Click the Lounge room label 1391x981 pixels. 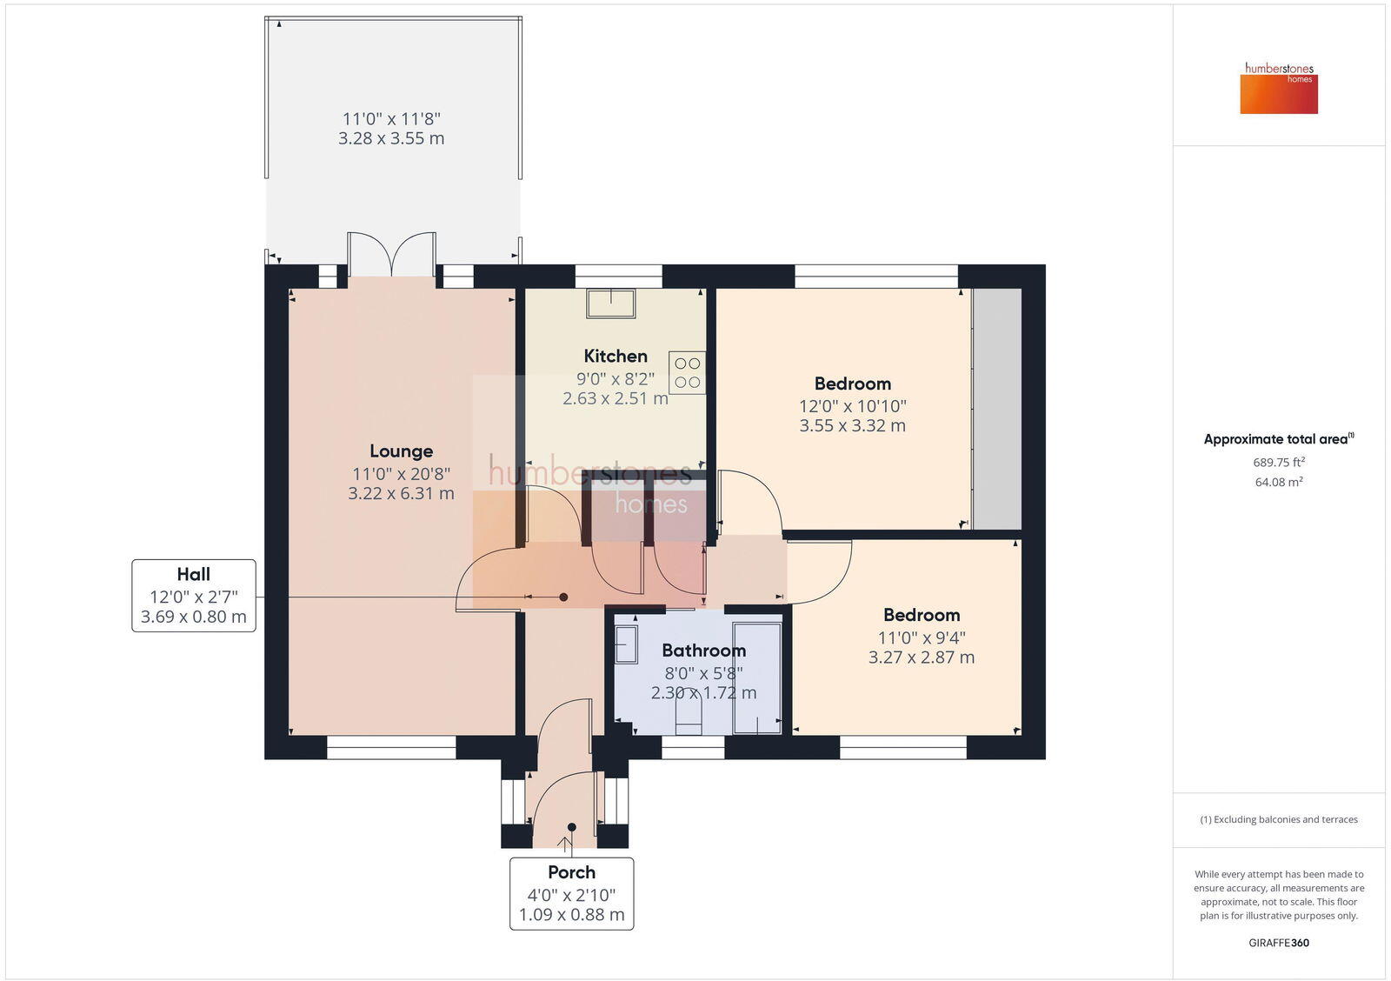click(x=401, y=450)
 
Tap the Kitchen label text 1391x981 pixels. click(x=616, y=356)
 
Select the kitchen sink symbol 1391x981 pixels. click(x=610, y=304)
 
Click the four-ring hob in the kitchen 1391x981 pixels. click(x=687, y=373)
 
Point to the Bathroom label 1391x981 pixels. click(x=703, y=651)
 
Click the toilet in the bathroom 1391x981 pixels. click(x=689, y=717)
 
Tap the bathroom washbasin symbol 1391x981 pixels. click(x=626, y=645)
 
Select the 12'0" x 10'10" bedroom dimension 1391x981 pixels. click(x=852, y=406)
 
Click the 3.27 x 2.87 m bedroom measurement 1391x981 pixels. click(x=921, y=657)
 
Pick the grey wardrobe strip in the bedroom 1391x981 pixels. click(x=996, y=409)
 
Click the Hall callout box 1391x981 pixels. click(x=194, y=596)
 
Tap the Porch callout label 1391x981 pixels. click(x=571, y=872)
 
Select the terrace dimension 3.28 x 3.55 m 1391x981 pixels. click(x=391, y=138)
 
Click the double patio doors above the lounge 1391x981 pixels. click(x=392, y=254)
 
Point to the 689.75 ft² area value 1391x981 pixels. click(x=1278, y=463)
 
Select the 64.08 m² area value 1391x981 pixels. click(x=1278, y=482)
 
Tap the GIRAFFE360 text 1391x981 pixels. click(x=1278, y=943)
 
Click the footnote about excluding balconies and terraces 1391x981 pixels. click(x=1278, y=819)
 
